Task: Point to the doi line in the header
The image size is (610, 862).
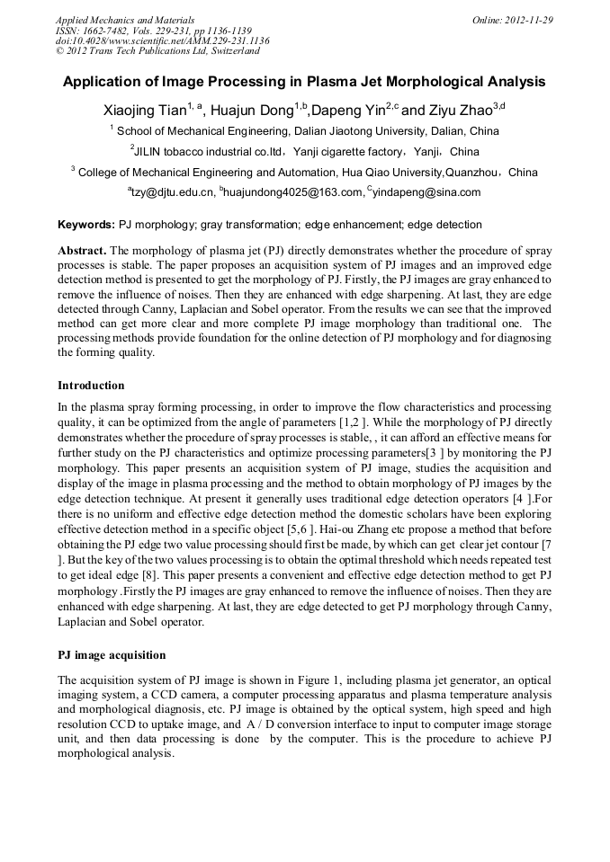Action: pyautogui.click(x=162, y=41)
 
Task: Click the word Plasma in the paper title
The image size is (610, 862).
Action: pyautogui.click(x=333, y=82)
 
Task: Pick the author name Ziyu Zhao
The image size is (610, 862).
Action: pyautogui.click(x=459, y=111)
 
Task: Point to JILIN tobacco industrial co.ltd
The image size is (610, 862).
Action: pyautogui.click(x=209, y=152)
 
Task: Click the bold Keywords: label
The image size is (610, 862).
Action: pyautogui.click(x=86, y=225)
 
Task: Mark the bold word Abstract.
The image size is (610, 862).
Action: pyautogui.click(x=82, y=251)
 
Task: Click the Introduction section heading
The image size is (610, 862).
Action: pyautogui.click(x=91, y=386)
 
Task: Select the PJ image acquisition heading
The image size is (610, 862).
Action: pyautogui.click(x=112, y=654)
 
